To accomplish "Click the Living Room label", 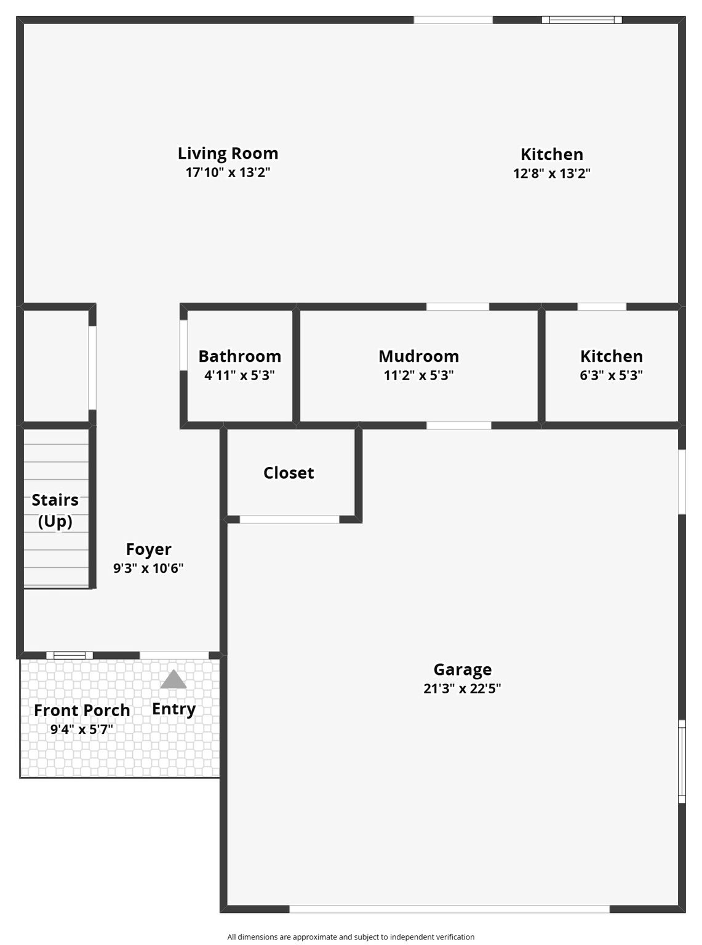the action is pos(228,154).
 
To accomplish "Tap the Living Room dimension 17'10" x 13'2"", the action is pos(228,172).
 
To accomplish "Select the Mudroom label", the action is pos(418,356).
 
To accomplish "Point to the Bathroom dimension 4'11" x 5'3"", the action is pos(239,375).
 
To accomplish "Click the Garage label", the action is pos(463,670).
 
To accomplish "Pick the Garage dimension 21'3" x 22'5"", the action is pos(462,689).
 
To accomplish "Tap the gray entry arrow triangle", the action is pos(174,679).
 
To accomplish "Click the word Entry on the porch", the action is pos(174,709).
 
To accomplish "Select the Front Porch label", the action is pos(82,710).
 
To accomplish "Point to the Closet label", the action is pos(289,473).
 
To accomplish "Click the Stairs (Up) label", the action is pos(55,511).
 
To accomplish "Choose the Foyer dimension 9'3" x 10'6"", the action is pos(148,568).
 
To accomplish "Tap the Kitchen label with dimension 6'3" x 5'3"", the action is pos(611,356).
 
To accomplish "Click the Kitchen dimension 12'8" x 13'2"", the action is pos(551,173).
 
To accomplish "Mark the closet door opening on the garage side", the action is pos(289,519).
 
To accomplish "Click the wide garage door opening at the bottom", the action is pos(450,909).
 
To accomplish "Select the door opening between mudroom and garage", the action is pos(458,425).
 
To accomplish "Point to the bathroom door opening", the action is pos(183,345).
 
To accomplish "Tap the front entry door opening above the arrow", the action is pos(174,655).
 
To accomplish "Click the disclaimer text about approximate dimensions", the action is pos(350,937).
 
